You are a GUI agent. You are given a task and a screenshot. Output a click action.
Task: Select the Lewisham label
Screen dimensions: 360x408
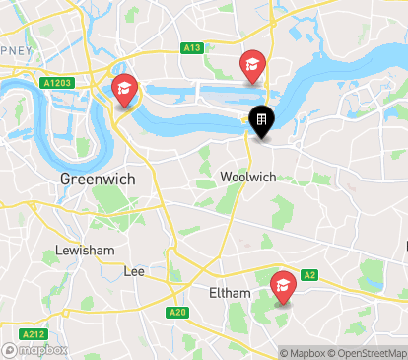tap(85, 251)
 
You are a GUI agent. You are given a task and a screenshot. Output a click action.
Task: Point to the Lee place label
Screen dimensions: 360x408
tap(134, 270)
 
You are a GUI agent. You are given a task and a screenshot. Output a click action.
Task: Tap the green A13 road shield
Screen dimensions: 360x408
tap(192, 47)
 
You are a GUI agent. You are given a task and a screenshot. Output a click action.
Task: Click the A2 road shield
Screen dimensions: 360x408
tap(309, 275)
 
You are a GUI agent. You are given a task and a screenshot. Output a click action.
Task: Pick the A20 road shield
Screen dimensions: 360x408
tap(177, 313)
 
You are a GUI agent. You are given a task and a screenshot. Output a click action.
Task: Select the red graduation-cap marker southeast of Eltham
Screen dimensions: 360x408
tap(283, 287)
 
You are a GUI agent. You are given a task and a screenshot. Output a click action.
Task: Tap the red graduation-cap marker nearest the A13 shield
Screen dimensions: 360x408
tap(252, 66)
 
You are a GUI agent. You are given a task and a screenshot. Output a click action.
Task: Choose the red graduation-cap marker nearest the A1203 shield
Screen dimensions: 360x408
tap(125, 91)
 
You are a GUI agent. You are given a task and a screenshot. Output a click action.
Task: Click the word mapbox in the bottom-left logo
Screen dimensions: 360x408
tap(43, 349)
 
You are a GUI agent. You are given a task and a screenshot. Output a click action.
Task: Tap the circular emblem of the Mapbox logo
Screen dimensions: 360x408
tap(10, 349)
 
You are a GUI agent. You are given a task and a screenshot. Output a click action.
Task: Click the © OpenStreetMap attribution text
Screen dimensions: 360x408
tap(369, 353)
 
